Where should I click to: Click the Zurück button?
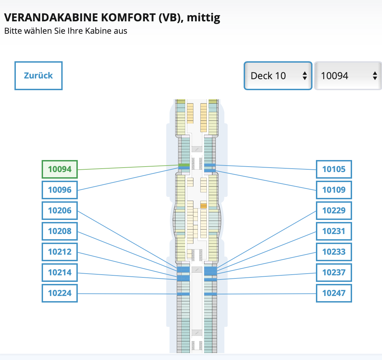[38, 76]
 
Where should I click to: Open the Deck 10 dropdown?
[278, 76]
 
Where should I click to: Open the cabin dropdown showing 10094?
[348, 76]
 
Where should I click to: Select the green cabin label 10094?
[60, 169]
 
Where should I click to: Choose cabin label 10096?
[60, 190]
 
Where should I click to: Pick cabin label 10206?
[60, 211]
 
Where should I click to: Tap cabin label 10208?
[60, 231]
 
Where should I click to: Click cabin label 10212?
[60, 252]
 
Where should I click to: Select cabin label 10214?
[60, 273]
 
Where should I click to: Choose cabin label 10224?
[60, 293]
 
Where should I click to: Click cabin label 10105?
[334, 169]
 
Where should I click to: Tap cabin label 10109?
[334, 190]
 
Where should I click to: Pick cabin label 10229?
[334, 211]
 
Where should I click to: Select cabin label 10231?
[334, 231]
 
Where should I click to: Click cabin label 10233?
[334, 252]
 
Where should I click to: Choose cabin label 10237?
[334, 273]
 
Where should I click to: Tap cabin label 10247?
[334, 293]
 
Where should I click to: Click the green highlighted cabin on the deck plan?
[184, 165]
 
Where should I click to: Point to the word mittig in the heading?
[203, 18]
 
